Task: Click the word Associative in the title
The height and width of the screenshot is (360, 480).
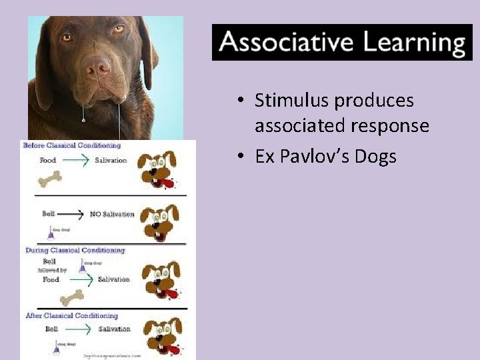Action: (x=285, y=43)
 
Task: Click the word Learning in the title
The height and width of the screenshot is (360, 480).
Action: (x=413, y=43)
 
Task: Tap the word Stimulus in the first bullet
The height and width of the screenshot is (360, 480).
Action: (x=291, y=101)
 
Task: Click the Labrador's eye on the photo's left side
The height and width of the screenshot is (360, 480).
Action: (x=67, y=38)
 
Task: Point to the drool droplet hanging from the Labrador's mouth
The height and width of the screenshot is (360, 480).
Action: (x=82, y=120)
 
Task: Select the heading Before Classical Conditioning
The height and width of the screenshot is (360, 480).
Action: (x=72, y=145)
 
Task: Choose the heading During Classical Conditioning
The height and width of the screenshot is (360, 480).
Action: (x=74, y=250)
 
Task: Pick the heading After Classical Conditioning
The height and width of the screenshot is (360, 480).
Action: (x=71, y=315)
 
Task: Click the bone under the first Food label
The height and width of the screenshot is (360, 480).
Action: (x=49, y=178)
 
